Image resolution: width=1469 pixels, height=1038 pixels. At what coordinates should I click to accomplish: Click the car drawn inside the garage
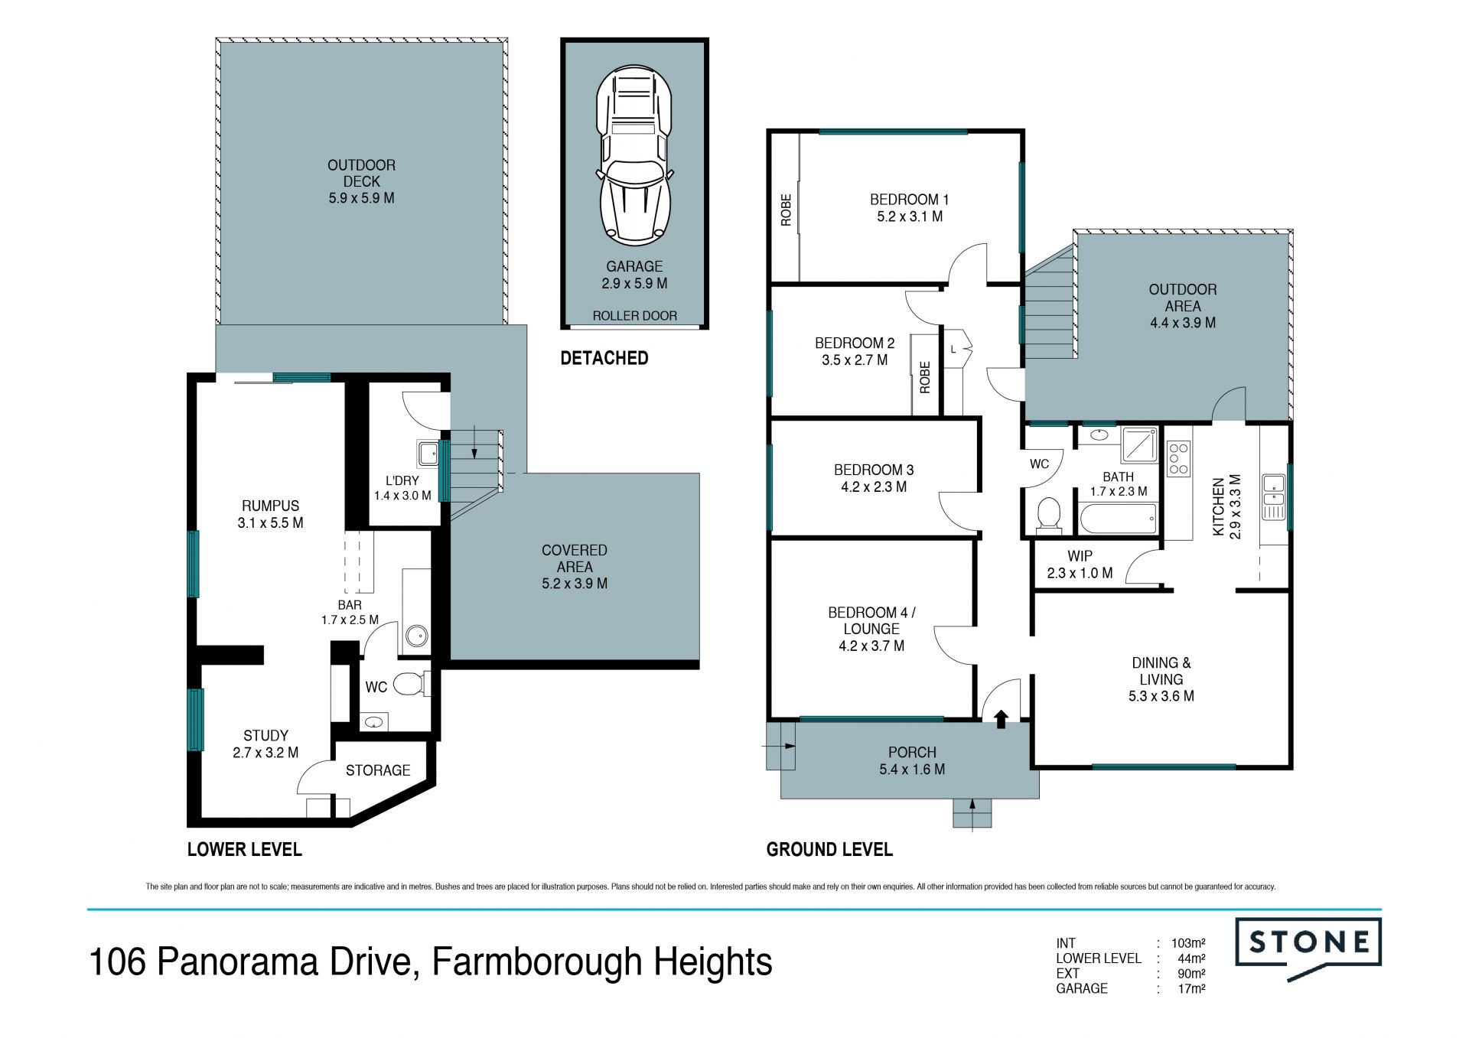point(634,156)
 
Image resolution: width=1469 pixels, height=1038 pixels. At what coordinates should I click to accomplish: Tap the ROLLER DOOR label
point(634,316)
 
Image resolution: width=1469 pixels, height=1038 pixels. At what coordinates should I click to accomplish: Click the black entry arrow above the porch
point(1001,719)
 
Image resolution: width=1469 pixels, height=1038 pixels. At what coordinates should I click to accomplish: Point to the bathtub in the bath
point(1118,519)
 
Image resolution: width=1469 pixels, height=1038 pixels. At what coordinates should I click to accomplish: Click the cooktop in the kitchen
point(1179,458)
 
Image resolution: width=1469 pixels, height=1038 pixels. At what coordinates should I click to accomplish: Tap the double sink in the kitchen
point(1274,497)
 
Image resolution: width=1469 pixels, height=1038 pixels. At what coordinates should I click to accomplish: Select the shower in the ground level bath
point(1140,445)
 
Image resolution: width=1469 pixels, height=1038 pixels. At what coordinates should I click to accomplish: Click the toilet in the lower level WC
point(412,683)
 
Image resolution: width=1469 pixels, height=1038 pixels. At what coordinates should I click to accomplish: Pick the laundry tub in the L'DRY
point(428,454)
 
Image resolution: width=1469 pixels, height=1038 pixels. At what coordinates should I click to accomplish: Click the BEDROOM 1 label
point(909,200)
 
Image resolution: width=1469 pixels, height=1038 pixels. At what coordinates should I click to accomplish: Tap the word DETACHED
point(604,358)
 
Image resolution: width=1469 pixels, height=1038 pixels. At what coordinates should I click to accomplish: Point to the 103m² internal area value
point(1188,943)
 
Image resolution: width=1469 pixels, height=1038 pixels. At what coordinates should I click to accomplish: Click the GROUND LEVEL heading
point(829,849)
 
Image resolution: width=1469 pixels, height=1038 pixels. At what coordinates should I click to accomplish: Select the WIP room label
point(1080,556)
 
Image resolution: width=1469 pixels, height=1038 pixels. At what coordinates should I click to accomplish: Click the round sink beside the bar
point(417,635)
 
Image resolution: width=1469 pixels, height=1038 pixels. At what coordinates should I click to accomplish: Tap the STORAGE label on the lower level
point(378,770)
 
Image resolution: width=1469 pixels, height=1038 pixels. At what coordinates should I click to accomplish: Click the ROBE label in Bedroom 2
point(925,377)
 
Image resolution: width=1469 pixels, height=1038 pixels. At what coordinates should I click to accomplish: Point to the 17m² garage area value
point(1192,988)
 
